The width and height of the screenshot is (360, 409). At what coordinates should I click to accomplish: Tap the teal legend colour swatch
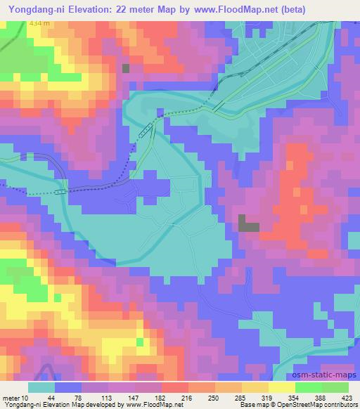coord(41,387)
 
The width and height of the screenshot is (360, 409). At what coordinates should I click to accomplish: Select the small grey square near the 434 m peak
coord(126,68)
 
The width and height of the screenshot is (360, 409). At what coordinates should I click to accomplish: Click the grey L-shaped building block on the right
coord(247,223)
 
